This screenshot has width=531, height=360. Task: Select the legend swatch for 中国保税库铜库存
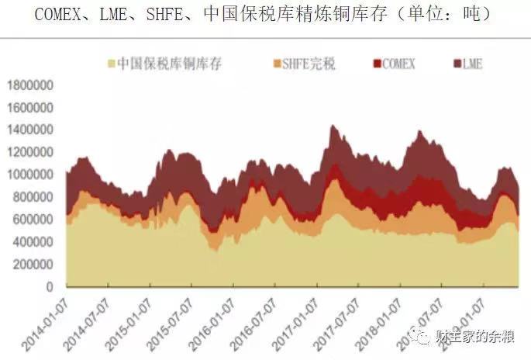point(112,64)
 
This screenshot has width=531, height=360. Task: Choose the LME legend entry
point(471,64)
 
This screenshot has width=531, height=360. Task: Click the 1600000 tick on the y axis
point(32,107)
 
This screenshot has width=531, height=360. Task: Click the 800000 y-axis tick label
point(35,197)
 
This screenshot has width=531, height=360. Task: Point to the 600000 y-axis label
point(35,220)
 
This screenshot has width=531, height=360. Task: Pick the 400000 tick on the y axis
point(35,242)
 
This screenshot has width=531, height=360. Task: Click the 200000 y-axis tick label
point(35,265)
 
